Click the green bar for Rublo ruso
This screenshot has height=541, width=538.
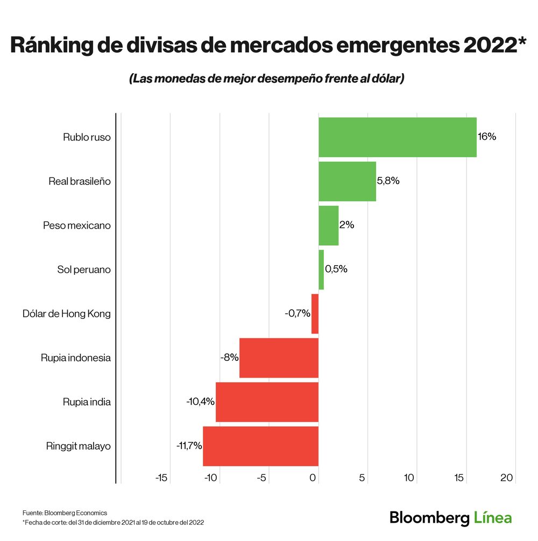(x=397, y=137)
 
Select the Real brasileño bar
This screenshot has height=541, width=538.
(x=347, y=181)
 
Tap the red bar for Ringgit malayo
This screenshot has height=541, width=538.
(x=260, y=446)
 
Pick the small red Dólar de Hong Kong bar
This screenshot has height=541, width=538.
(x=315, y=314)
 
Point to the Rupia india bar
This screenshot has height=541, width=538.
(x=267, y=402)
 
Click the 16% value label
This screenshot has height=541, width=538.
(x=487, y=137)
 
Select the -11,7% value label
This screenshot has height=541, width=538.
(x=189, y=446)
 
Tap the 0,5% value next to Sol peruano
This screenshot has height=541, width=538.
(x=336, y=269)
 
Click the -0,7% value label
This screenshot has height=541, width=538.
(x=298, y=314)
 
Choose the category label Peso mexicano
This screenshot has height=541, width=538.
(x=77, y=225)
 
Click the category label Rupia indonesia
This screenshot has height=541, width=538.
(x=76, y=358)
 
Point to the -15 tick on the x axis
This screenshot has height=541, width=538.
(x=161, y=478)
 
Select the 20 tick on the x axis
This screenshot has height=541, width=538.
(x=507, y=478)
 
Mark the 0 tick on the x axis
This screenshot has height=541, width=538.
(x=314, y=478)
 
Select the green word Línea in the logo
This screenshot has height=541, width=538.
(x=493, y=518)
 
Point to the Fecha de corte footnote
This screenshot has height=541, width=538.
(x=113, y=522)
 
